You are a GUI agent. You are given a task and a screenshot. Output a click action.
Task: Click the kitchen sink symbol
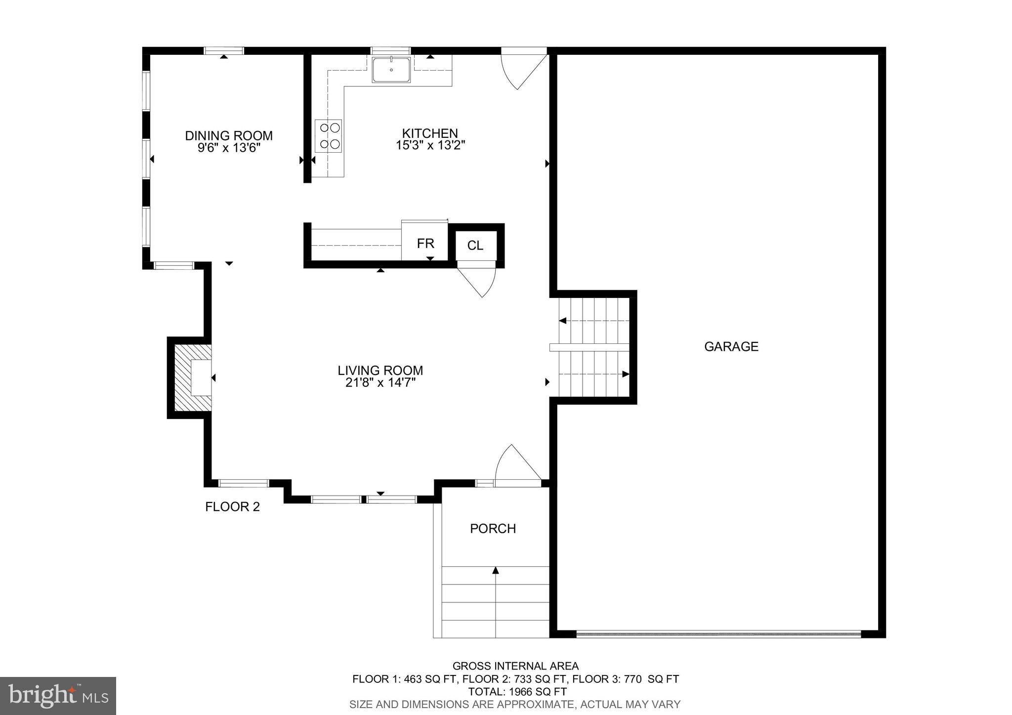[391, 70]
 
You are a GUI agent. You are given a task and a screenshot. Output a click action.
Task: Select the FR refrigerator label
[425, 244]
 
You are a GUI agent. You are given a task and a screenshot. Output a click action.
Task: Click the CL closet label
[475, 246]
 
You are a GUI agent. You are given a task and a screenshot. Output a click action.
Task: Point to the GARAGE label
[731, 347]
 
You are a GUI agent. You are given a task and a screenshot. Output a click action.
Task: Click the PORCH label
[493, 529]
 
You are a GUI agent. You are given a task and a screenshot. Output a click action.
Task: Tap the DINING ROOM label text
[229, 136]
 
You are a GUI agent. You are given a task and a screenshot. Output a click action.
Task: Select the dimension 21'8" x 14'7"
[380, 383]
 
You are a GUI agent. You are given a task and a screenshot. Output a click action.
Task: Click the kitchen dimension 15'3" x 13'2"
[430, 146]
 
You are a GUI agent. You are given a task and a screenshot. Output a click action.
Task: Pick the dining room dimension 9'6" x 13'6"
[229, 148]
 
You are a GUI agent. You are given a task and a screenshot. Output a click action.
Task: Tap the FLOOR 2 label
[232, 507]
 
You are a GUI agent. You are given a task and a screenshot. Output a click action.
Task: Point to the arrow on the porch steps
[496, 571]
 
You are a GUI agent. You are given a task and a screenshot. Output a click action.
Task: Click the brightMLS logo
[58, 696]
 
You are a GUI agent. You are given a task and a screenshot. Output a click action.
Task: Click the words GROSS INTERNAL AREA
[515, 666]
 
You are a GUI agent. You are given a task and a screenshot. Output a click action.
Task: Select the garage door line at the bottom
[718, 633]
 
